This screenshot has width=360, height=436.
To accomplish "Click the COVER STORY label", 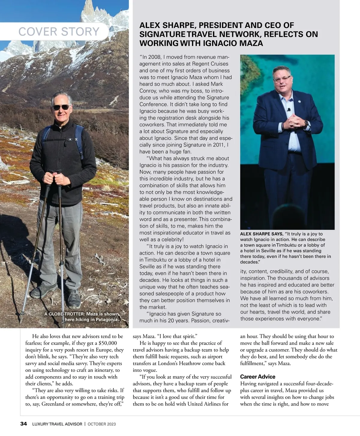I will (x=59, y=31).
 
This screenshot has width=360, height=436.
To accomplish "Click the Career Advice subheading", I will (x=257, y=377).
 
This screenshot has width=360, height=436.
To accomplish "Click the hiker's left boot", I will (x=73, y=297).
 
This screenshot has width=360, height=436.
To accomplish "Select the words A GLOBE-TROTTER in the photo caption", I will (x=64, y=314).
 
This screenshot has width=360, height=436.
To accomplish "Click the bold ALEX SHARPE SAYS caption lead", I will (x=261, y=234).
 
